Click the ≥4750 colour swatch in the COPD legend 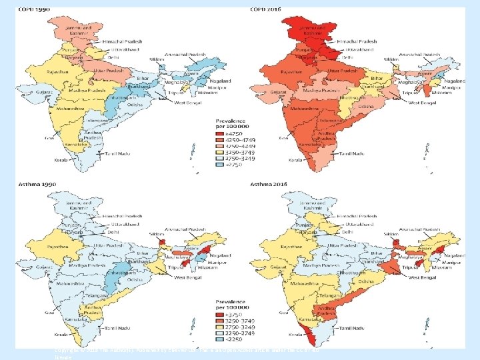(219, 134)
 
